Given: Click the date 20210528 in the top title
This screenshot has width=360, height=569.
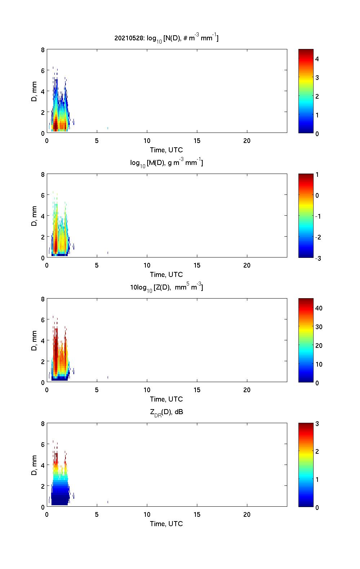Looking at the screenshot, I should [x=124, y=38].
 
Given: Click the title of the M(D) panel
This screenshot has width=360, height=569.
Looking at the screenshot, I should [x=166, y=163].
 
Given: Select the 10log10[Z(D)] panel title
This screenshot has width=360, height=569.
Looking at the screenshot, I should [x=166, y=287].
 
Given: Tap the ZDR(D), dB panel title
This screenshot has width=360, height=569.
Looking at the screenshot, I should [x=166, y=412].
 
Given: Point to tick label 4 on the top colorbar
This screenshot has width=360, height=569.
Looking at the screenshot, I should [x=317, y=59].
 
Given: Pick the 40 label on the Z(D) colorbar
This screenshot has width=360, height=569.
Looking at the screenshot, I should [x=319, y=308].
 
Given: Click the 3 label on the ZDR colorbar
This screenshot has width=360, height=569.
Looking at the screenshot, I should [x=317, y=424].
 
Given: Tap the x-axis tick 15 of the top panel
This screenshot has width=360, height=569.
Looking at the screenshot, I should [x=197, y=141].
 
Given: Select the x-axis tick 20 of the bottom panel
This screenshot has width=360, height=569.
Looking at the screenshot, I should [x=247, y=515].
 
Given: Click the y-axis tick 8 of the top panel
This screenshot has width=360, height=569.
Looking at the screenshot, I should [x=43, y=50].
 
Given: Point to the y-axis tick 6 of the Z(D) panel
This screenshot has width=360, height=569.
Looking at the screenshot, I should [x=43, y=320].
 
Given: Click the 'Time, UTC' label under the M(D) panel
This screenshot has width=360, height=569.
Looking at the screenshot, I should [x=166, y=274].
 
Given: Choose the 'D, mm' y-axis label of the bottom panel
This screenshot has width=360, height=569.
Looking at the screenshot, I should [x=35, y=465].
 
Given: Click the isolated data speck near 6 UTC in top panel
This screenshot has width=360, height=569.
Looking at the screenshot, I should [x=108, y=128].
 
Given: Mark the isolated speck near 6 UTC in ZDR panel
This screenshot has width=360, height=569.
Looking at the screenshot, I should [x=108, y=502].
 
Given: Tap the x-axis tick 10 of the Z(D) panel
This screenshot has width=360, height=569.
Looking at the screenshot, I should [x=147, y=390].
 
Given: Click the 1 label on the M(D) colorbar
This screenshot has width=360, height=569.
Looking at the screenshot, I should [x=317, y=175].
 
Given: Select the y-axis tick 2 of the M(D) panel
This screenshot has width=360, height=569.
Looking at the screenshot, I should [x=43, y=237].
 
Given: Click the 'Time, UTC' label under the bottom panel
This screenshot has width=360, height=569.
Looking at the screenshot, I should [x=166, y=524].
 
